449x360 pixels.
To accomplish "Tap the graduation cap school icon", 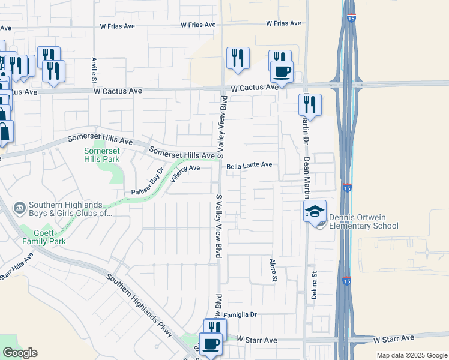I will click(x=315, y=212).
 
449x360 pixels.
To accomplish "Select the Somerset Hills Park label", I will click(x=101, y=155).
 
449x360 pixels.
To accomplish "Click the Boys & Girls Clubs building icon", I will click(x=20, y=208).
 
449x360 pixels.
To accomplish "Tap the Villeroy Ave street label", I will click(x=185, y=173).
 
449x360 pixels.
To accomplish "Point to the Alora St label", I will click(x=273, y=269).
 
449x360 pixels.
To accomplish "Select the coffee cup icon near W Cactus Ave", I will click(x=281, y=73).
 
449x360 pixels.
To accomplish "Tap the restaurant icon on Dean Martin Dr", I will click(x=310, y=104).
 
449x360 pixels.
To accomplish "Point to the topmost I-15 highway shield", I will click(x=348, y=18).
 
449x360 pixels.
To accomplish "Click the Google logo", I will click(x=20, y=353).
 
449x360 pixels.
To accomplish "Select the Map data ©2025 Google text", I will click(x=412, y=355).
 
